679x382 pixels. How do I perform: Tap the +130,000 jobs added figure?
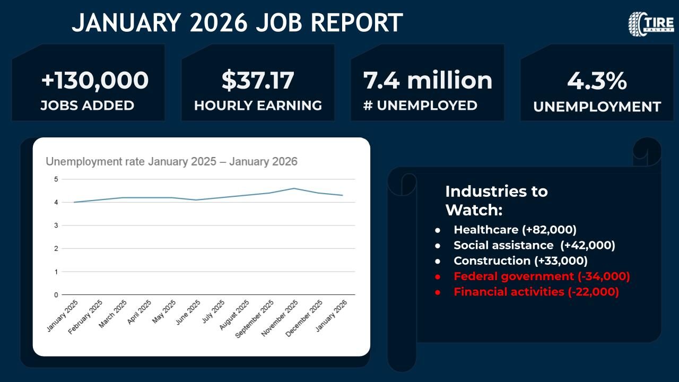point(94,81)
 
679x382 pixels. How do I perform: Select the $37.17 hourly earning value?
point(258,81)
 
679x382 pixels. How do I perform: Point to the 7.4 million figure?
point(428,81)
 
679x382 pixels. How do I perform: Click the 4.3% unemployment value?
point(597,82)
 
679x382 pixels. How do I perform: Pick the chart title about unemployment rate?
point(171,161)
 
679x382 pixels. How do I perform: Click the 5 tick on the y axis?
point(56,179)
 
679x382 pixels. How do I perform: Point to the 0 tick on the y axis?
point(56,294)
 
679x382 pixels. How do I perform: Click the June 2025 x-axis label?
point(188,314)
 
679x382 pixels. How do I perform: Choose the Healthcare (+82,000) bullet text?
point(515,230)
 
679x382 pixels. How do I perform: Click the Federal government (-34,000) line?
point(542,276)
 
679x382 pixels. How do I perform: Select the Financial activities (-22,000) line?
point(536,292)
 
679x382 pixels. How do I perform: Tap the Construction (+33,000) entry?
point(520,261)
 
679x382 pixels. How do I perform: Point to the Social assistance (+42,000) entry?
point(534,245)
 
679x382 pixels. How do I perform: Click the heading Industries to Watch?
point(496,200)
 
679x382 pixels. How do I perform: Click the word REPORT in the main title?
point(356,23)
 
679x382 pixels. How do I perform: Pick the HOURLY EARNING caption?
point(258,106)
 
